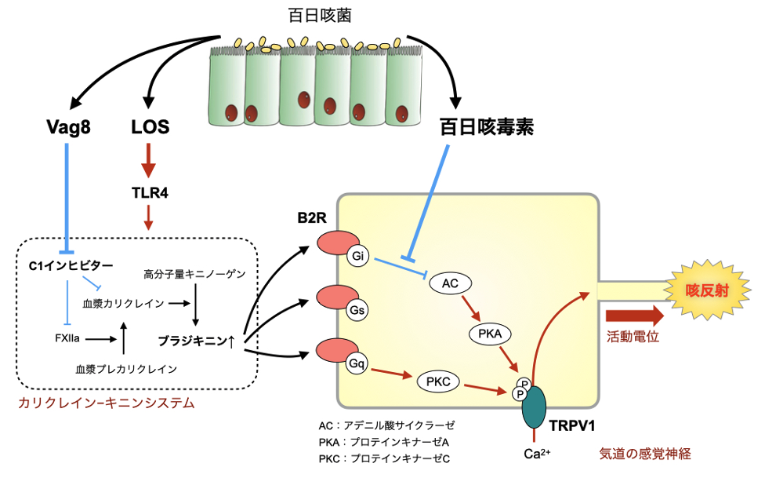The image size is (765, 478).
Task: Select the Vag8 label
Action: pyautogui.click(x=70, y=126)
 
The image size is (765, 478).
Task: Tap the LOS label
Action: pyautogui.click(x=150, y=126)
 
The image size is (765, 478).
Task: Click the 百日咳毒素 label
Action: pyautogui.click(x=486, y=127)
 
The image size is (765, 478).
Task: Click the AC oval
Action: pyautogui.click(x=451, y=283)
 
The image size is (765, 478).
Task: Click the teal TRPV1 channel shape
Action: pyautogui.click(x=536, y=404)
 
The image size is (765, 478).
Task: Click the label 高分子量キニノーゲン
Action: pyautogui.click(x=195, y=274)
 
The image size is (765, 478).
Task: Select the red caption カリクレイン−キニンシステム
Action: pyautogui.click(x=105, y=403)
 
